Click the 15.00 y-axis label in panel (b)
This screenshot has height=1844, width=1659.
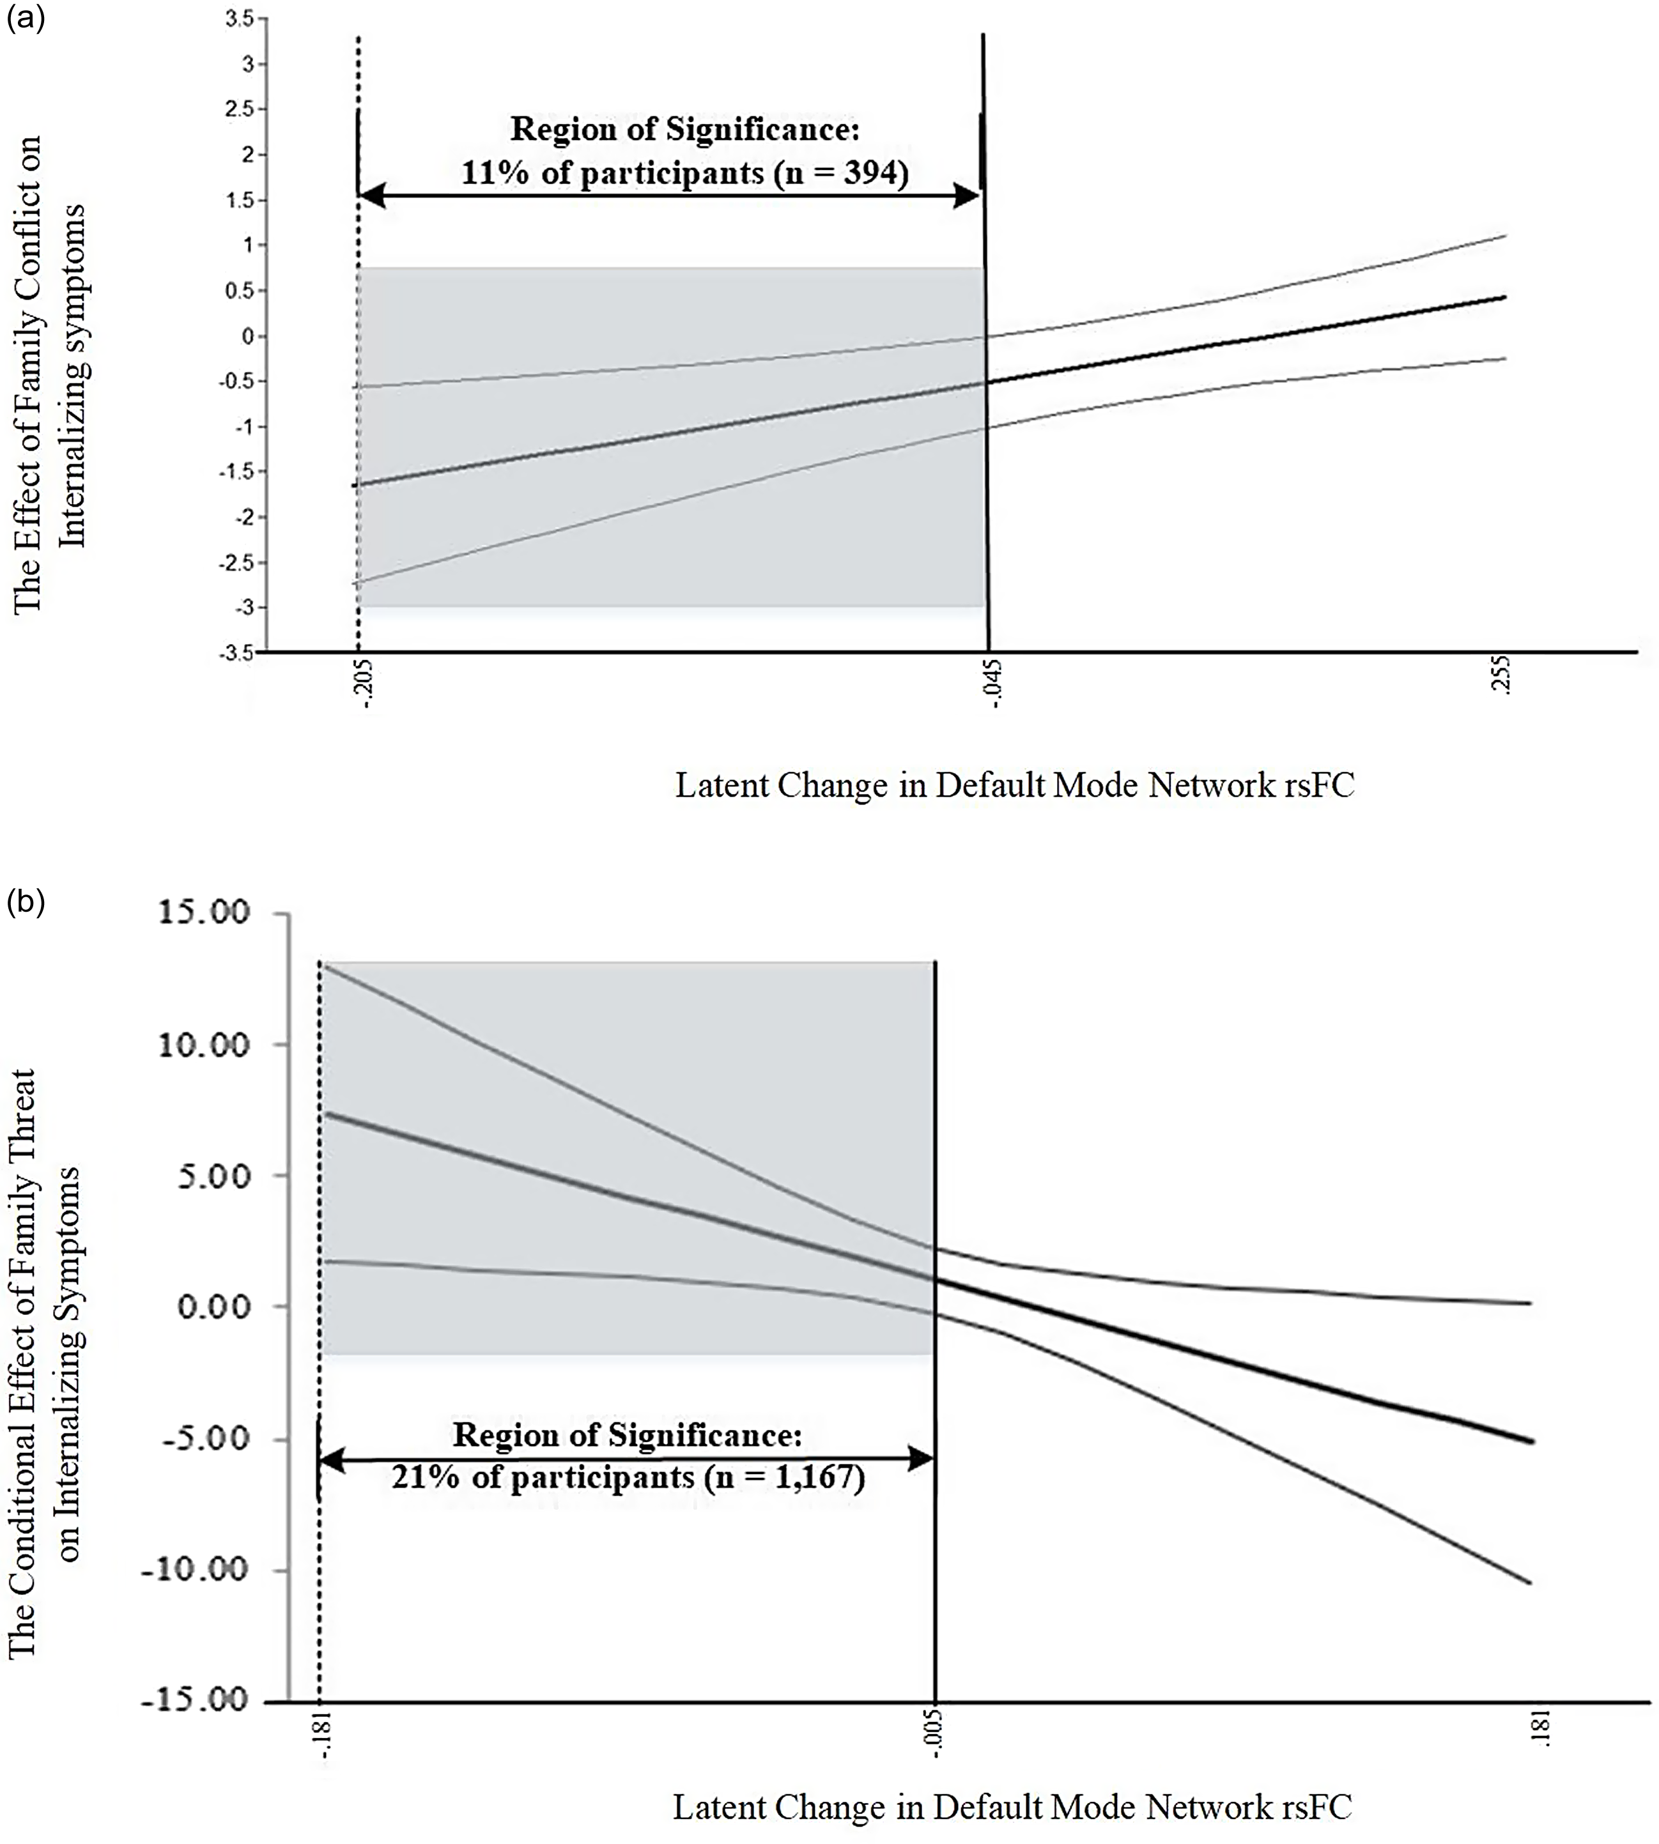point(204,912)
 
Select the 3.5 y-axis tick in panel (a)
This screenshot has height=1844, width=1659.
point(240,19)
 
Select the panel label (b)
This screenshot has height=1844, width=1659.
point(25,903)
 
